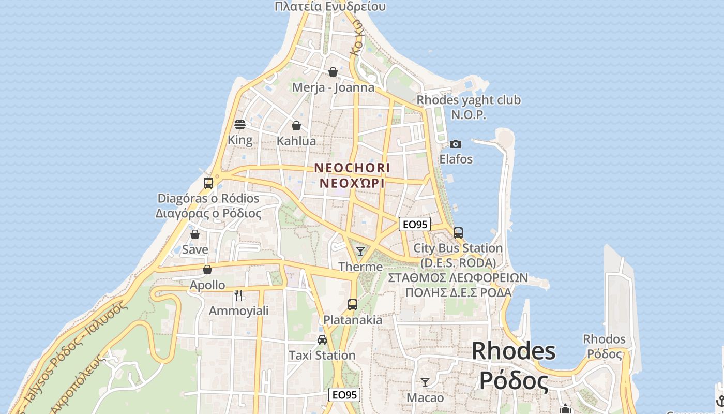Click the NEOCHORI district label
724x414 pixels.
[x=352, y=168]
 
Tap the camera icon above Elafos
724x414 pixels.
[x=456, y=144]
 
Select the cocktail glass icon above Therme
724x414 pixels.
[x=360, y=252]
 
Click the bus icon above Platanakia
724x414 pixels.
[x=353, y=305]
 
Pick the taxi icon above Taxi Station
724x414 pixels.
[x=322, y=340]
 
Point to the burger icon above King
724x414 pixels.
[x=240, y=125]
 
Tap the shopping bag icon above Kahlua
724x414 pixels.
[x=296, y=126]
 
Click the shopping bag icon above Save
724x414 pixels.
[x=195, y=234]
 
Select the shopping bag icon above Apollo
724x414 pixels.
[x=207, y=270]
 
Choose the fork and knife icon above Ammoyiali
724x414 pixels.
[x=238, y=295]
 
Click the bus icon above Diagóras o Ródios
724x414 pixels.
[x=208, y=183]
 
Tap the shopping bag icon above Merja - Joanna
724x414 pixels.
[x=333, y=72]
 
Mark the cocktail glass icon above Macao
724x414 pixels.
[x=425, y=382]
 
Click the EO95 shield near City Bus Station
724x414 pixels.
[x=415, y=224]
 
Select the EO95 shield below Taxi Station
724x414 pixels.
[x=344, y=395]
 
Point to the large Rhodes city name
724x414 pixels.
[x=514, y=351]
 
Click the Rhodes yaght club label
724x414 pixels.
[x=469, y=100]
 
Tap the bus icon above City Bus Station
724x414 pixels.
[x=458, y=233]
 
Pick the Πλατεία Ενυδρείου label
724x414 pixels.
[x=330, y=6]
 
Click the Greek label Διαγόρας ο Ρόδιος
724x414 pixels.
[x=208, y=213]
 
